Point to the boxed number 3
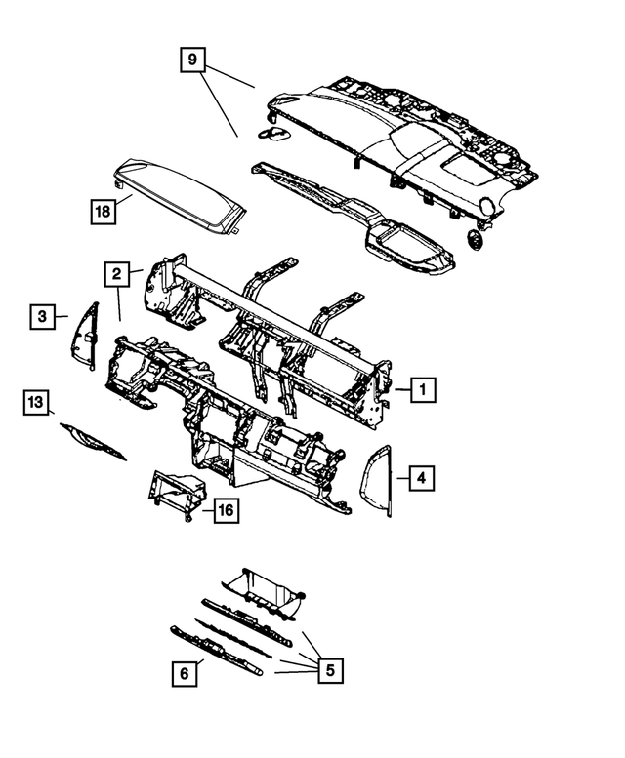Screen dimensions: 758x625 (42, 316)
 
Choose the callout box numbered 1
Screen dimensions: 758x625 (422, 390)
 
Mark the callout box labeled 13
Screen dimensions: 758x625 (36, 402)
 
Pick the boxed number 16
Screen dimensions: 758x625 (225, 510)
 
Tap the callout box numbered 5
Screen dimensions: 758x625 (330, 670)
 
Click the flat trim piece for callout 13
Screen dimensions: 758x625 (93, 440)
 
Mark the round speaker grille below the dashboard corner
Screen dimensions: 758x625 (474, 240)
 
